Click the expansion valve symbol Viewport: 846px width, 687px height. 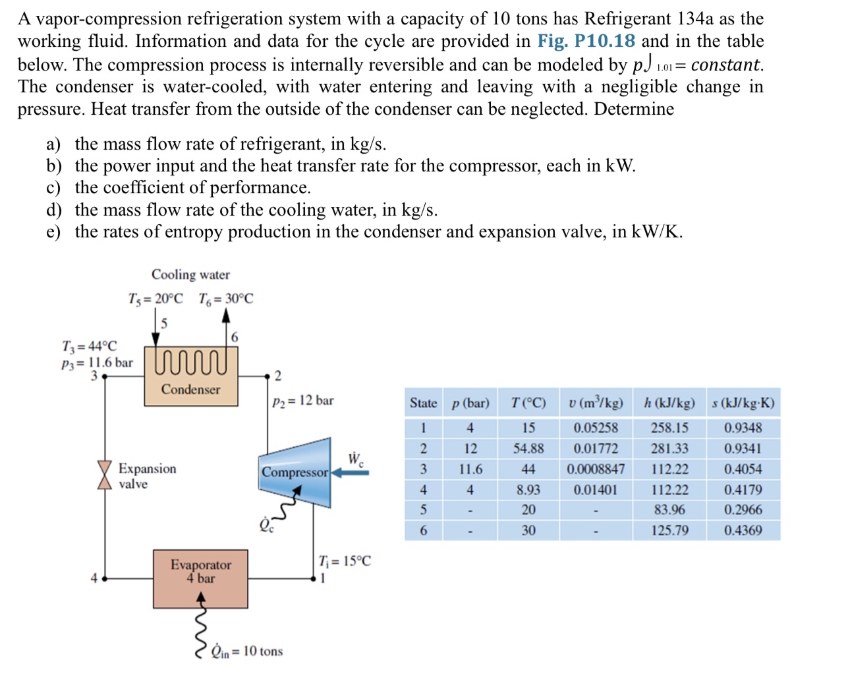(104, 475)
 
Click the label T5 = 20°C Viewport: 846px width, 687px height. (155, 299)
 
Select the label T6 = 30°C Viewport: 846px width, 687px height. (225, 299)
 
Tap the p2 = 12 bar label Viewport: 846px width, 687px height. (302, 401)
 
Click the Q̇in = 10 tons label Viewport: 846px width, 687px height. (246, 651)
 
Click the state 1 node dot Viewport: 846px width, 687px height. (314, 579)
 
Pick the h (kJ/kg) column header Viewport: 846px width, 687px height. (669, 403)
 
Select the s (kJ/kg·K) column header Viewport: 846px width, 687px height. (743, 403)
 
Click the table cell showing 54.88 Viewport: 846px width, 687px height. (528, 449)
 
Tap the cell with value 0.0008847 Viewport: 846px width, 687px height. (596, 469)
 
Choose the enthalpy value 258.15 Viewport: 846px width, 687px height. (669, 428)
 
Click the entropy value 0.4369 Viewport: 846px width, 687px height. (743, 531)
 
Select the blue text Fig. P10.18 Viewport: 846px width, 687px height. (586, 42)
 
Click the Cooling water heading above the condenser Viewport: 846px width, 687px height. (190, 274)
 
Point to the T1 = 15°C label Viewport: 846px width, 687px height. (345, 561)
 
